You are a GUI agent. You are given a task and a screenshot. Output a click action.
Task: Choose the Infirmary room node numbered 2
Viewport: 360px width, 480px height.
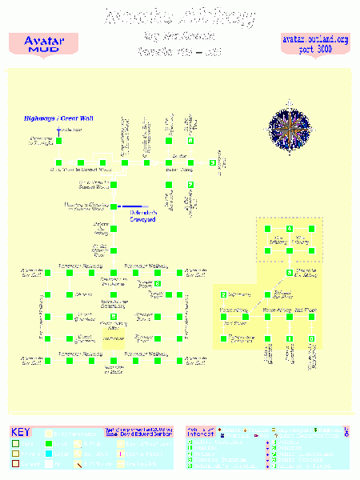click(x=224, y=295)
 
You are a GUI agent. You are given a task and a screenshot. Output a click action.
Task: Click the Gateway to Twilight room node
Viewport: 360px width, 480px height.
click(x=58, y=142)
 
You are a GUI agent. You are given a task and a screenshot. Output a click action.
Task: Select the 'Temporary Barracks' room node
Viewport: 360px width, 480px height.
click(x=224, y=338)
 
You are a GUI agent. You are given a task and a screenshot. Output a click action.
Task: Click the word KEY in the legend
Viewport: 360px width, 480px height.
click(x=22, y=431)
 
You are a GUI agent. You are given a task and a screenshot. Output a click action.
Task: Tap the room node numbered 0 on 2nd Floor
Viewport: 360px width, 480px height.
click(x=311, y=339)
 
